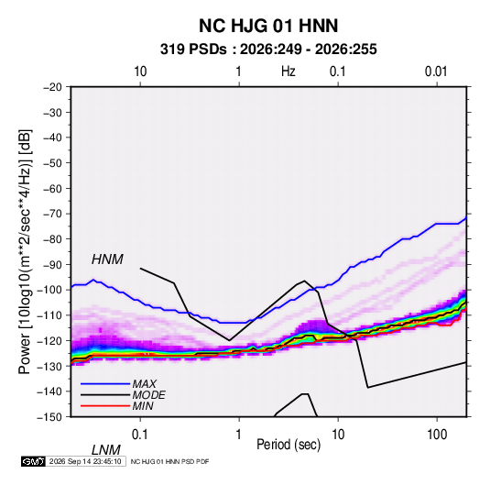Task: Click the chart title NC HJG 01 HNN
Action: (x=268, y=26)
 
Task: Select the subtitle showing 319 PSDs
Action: (x=268, y=50)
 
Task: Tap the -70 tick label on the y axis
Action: (x=53, y=214)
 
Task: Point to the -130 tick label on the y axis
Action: (x=49, y=366)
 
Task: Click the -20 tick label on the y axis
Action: (x=53, y=87)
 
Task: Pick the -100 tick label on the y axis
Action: (x=49, y=290)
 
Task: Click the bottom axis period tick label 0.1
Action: (x=140, y=435)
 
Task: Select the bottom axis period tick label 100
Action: (x=437, y=435)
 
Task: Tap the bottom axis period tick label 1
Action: (x=239, y=435)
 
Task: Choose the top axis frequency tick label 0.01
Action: (x=436, y=72)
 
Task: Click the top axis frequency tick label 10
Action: (x=140, y=72)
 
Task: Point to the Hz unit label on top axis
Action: (x=289, y=72)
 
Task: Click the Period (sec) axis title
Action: (x=289, y=445)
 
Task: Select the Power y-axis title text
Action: (x=25, y=252)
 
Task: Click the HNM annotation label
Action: (x=107, y=259)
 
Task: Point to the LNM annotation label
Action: (x=106, y=450)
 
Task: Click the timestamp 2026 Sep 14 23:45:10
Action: (x=85, y=461)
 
